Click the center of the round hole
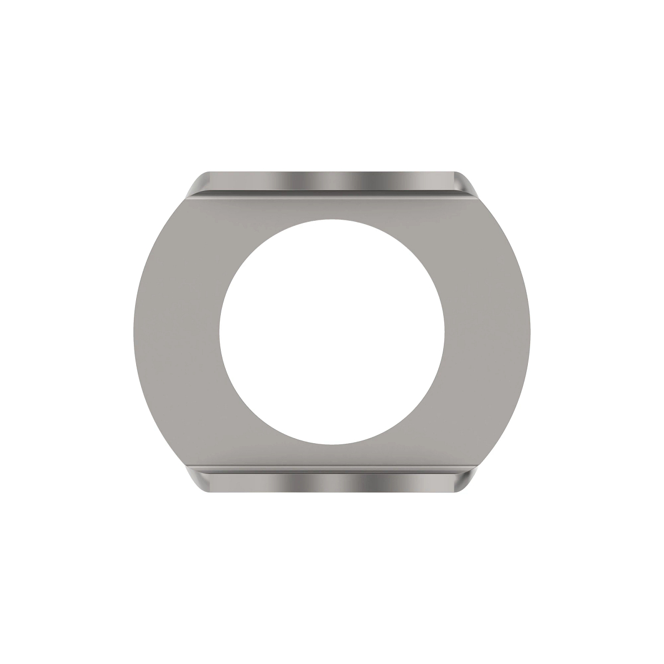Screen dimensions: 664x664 tap(331, 332)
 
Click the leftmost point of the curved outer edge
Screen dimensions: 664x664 tap(134, 332)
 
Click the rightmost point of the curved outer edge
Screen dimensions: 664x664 tap(530, 332)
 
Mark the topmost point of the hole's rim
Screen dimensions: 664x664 tap(331, 220)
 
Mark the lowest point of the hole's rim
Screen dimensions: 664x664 tap(331, 444)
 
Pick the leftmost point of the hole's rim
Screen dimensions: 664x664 tap(219, 332)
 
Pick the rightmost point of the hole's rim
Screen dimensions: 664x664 tap(444, 332)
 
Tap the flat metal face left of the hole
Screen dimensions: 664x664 tap(177, 332)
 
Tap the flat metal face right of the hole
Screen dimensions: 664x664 tap(487, 332)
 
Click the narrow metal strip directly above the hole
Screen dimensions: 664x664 tap(332, 207)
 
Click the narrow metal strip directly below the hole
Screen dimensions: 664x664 tap(332, 458)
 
